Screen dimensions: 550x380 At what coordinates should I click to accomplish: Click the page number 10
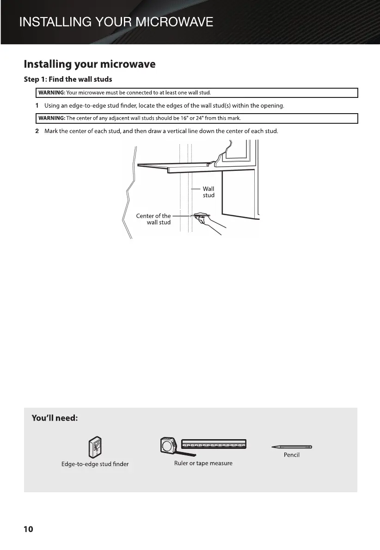pyautogui.click(x=28, y=529)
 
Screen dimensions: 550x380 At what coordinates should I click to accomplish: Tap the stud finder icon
pyautogui.click(x=95, y=447)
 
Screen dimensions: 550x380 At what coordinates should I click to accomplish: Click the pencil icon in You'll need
pyautogui.click(x=292, y=447)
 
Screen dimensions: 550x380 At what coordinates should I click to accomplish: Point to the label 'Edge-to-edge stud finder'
pyautogui.click(x=95, y=464)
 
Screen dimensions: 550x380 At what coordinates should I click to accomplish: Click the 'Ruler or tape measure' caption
pyautogui.click(x=203, y=463)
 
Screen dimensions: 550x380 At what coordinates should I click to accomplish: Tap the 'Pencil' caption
pyautogui.click(x=292, y=455)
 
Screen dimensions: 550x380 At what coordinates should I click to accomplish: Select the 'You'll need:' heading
pyautogui.click(x=54, y=418)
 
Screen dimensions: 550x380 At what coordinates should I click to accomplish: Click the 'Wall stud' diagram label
pyautogui.click(x=208, y=192)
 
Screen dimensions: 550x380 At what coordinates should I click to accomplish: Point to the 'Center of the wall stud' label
pyautogui.click(x=153, y=219)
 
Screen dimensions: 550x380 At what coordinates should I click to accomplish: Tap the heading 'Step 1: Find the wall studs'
pyautogui.click(x=68, y=79)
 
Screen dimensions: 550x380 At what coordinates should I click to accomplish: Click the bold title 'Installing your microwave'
pyautogui.click(x=89, y=64)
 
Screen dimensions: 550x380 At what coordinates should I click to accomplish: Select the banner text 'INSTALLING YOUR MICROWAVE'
pyautogui.click(x=116, y=22)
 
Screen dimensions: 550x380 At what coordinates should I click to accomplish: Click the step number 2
pyautogui.click(x=37, y=131)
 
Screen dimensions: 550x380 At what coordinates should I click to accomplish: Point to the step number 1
pyautogui.click(x=37, y=106)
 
